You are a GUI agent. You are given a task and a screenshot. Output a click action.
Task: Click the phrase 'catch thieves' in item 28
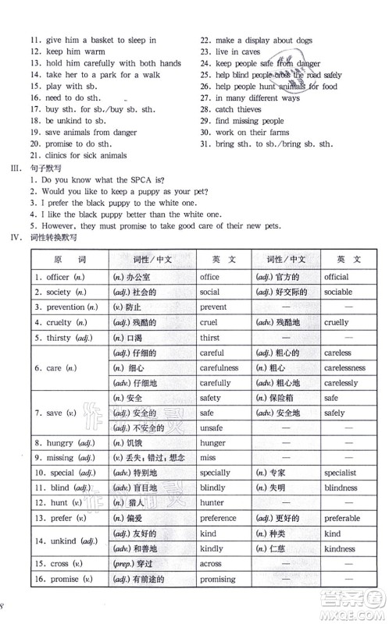coord(241,110)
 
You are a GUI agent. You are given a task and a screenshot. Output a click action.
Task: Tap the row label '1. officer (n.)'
coord(59,277)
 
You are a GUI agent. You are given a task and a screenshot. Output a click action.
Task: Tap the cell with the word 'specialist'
coord(341,473)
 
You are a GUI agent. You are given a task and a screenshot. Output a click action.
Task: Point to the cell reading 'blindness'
coord(341,487)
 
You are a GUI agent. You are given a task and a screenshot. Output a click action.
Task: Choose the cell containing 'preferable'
coord(342,519)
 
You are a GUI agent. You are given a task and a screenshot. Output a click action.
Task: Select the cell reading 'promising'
coord(217,580)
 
